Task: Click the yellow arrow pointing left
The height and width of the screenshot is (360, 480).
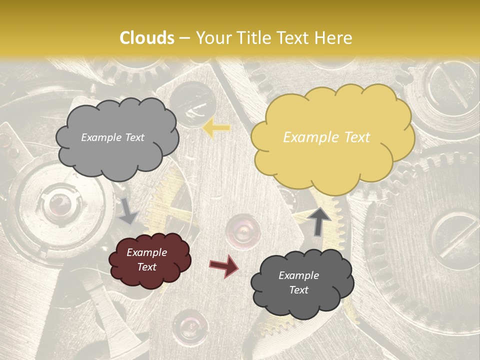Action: click(216, 128)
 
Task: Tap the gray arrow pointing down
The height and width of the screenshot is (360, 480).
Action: click(128, 210)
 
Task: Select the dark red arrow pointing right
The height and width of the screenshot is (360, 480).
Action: click(223, 265)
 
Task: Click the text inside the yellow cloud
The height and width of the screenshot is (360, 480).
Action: click(326, 137)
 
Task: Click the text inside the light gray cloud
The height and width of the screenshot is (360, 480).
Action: click(112, 137)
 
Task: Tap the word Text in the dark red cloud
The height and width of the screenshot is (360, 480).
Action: click(146, 267)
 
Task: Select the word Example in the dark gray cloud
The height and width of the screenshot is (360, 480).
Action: click(298, 275)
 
